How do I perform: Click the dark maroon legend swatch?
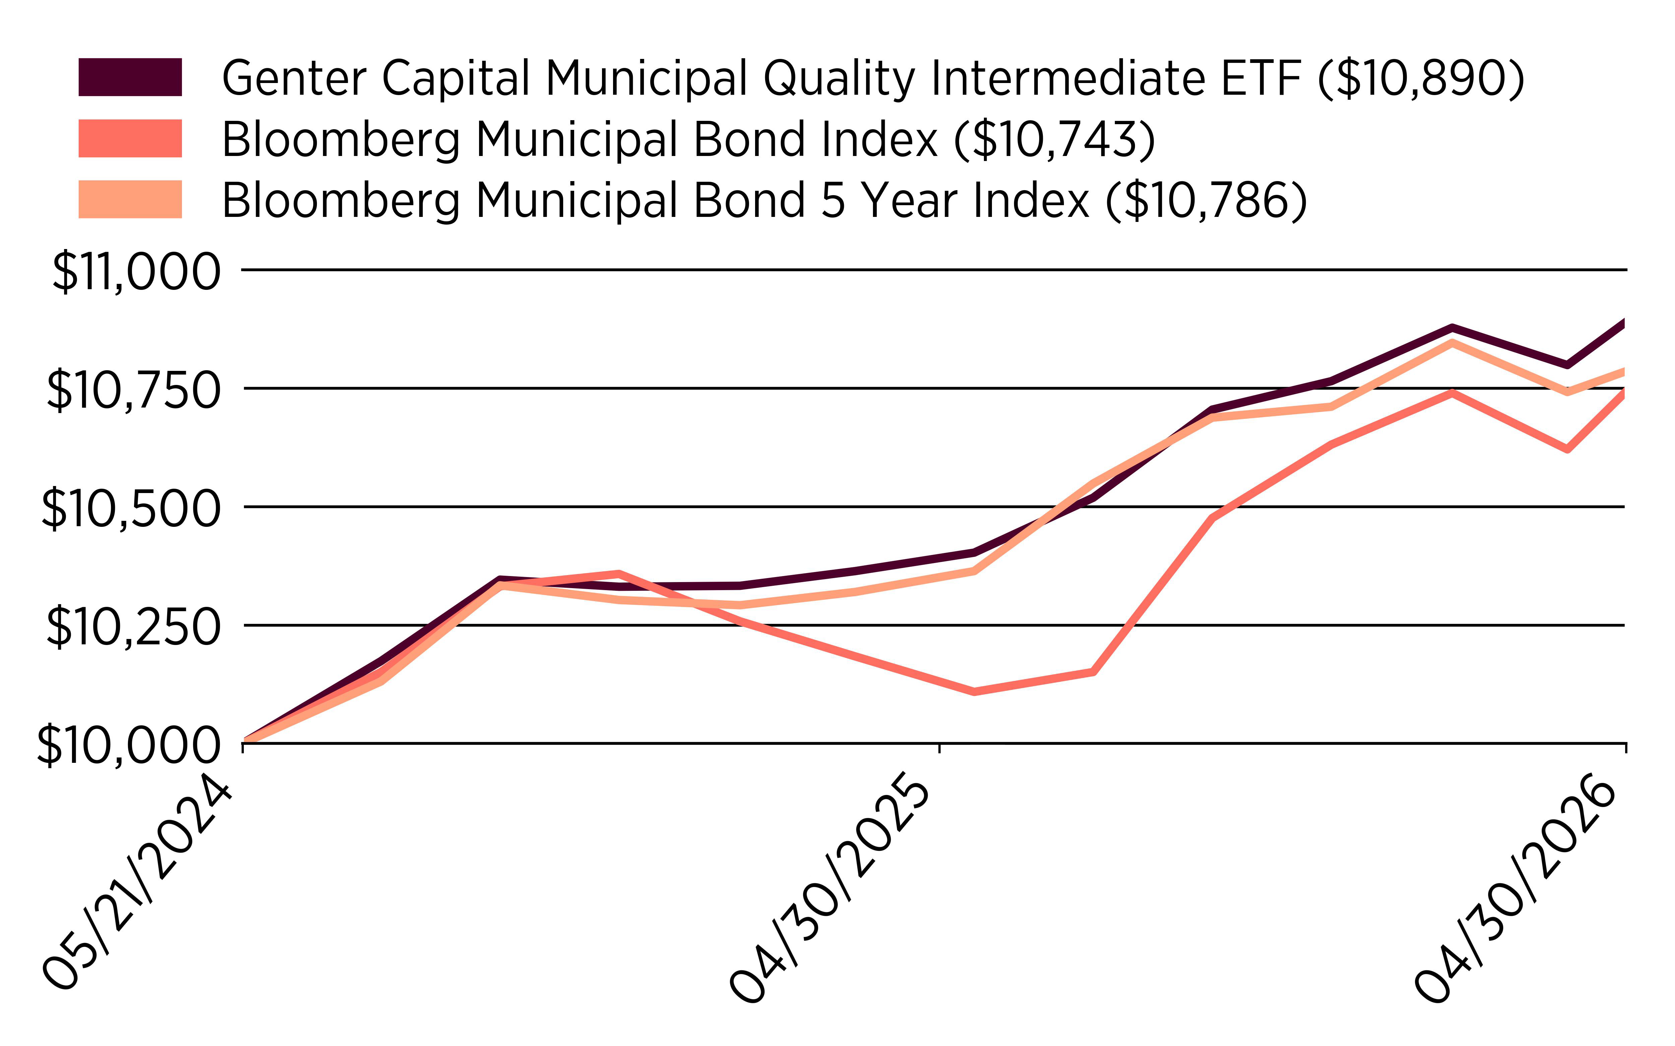[130, 77]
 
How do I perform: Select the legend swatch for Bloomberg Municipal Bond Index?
[130, 138]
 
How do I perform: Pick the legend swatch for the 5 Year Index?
[130, 199]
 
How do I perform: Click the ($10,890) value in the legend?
[1421, 78]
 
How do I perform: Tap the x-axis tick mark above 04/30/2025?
[939, 748]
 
